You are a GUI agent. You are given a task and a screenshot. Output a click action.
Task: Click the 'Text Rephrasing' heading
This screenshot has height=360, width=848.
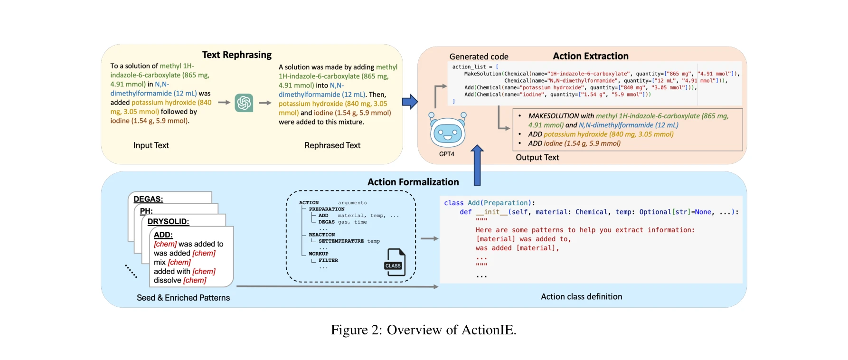coord(236,55)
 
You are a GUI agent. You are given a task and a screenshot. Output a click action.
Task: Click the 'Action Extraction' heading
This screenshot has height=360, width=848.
coord(590,56)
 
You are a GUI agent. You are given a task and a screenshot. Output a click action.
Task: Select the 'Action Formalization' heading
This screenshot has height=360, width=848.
coord(413,182)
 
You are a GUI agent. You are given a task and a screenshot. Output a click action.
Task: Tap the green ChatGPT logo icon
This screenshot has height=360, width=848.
coord(244,103)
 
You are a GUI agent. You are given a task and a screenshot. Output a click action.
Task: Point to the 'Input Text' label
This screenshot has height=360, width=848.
coord(151,145)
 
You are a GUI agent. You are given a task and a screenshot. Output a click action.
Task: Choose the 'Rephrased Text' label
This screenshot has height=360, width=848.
coord(332,145)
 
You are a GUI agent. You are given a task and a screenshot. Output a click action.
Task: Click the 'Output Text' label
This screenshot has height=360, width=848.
coord(537,157)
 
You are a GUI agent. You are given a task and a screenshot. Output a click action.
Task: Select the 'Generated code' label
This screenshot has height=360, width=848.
coord(479,57)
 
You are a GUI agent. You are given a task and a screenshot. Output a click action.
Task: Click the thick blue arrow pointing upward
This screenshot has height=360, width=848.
coord(477,165)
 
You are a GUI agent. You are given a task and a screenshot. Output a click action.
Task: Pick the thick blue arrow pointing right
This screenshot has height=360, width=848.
coord(409,102)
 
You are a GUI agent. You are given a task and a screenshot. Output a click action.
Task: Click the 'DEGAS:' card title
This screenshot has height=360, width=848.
coord(148,199)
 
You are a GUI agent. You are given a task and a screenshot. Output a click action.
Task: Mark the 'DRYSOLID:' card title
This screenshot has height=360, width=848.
coord(168,221)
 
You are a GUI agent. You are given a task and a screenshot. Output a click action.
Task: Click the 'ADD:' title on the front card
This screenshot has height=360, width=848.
coord(163,235)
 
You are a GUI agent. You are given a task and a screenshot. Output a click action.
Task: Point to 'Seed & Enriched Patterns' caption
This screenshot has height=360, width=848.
coord(183,298)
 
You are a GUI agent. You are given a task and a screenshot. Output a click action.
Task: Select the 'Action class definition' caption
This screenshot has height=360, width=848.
coord(581,296)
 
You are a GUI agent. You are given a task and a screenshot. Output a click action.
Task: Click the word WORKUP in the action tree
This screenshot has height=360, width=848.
coord(319,254)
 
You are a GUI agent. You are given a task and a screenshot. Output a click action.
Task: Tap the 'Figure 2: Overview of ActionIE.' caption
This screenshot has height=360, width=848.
coord(423,330)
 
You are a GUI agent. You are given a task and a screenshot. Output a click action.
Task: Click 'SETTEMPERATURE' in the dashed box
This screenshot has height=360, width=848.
coord(341,241)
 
